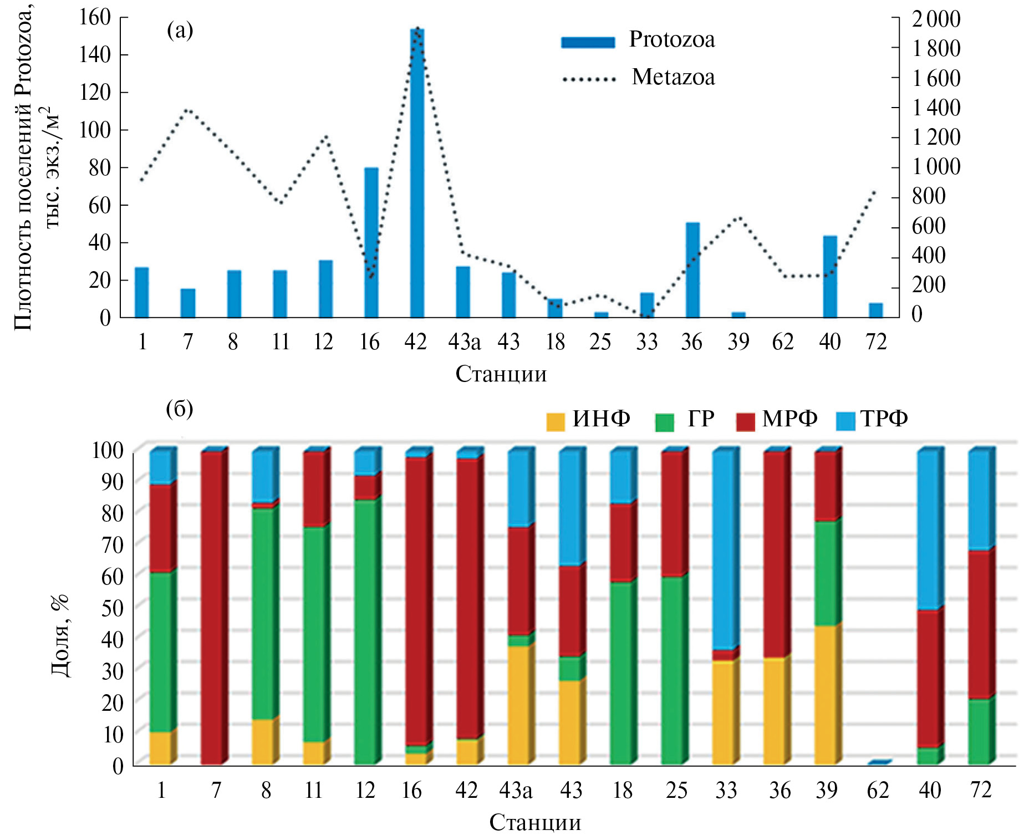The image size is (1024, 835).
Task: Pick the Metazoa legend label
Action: pos(673,77)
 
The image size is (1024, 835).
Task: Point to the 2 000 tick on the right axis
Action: pos(936,19)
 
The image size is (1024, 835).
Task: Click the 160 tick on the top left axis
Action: pos(95,17)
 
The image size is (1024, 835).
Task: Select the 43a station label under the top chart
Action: pos(464,342)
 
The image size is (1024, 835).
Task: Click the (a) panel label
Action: pos(180,30)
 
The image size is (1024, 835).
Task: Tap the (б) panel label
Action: pos(180,409)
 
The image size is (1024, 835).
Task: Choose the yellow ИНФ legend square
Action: pos(555,422)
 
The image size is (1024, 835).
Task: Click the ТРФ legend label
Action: pos(884,419)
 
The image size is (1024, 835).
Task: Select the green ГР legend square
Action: pos(664,422)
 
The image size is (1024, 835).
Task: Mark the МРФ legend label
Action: pos(789,419)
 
